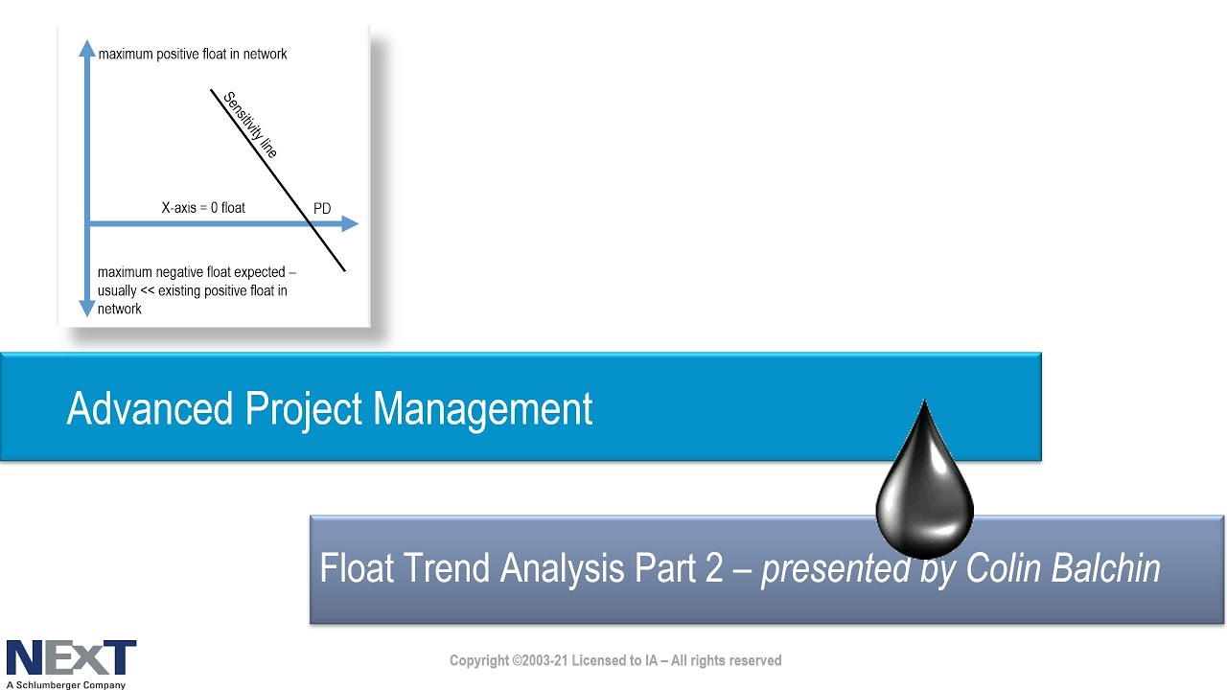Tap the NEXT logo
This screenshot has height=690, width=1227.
(x=71, y=657)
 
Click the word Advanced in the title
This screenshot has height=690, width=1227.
(x=150, y=408)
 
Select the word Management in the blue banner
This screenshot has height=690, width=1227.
(x=482, y=409)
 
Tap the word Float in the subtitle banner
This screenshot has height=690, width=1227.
(x=357, y=568)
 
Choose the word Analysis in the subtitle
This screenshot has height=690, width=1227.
(x=562, y=569)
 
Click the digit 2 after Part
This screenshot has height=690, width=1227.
(x=714, y=568)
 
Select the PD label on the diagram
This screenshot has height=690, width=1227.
(x=322, y=209)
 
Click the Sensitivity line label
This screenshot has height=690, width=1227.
(x=251, y=125)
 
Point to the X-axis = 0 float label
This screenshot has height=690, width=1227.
(x=203, y=208)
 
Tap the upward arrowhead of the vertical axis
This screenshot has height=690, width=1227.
(x=87, y=48)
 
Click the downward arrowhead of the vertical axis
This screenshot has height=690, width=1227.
(x=87, y=309)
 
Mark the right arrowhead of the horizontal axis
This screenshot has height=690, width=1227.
(x=350, y=223)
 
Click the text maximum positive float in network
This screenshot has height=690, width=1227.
(x=193, y=55)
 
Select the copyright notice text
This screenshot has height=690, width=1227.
(x=615, y=660)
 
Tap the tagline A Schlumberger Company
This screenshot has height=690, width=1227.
(x=66, y=684)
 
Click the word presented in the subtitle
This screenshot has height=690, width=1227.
(x=836, y=569)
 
